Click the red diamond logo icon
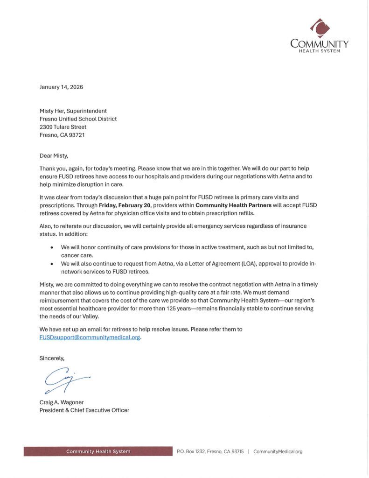(x=320, y=28)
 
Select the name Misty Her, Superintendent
(x=73, y=111)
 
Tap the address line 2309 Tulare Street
(x=63, y=127)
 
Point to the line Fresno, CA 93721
(x=62, y=135)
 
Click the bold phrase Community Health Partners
(x=233, y=205)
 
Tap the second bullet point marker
(x=51, y=263)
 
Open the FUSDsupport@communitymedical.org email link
(x=90, y=337)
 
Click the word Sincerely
(x=52, y=358)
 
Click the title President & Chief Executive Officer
(x=84, y=410)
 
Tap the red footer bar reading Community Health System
(x=98, y=451)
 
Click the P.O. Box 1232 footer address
(x=210, y=451)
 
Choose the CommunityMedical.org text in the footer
(x=278, y=451)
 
